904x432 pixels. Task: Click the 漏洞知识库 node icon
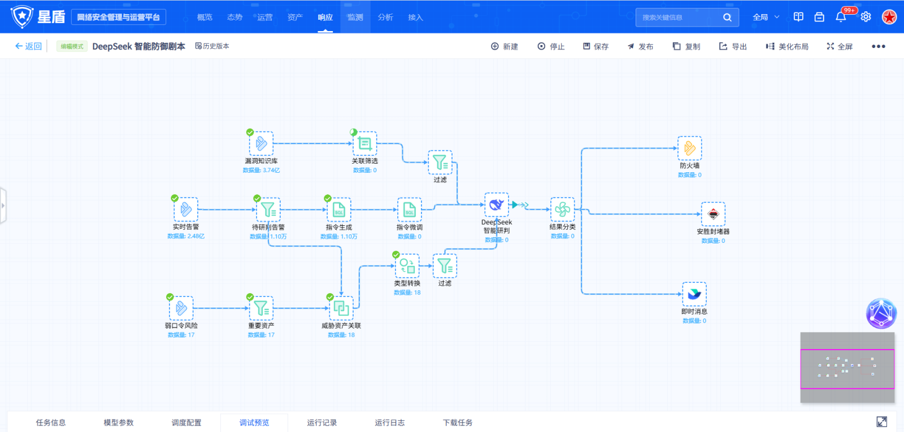[261, 143]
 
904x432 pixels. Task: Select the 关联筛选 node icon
[365, 143]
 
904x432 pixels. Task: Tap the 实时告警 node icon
[186, 210]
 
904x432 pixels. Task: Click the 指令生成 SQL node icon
[339, 210]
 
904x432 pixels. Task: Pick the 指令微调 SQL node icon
[410, 210]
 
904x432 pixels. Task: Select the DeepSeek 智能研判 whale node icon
[497, 204]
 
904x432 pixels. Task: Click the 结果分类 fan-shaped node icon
[563, 210]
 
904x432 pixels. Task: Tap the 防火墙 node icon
[690, 148]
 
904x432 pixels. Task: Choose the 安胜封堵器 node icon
[713, 214]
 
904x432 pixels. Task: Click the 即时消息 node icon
[694, 294]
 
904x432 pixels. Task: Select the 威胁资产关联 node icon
[341, 308]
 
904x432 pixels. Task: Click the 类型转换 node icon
[407, 265]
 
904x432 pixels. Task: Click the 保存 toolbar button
[596, 46]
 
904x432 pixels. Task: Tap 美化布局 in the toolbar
[787, 46]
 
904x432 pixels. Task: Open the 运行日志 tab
[389, 422]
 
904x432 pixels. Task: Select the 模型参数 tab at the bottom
[119, 422]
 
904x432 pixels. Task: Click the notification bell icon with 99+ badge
[841, 17]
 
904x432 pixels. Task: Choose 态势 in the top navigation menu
[234, 17]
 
